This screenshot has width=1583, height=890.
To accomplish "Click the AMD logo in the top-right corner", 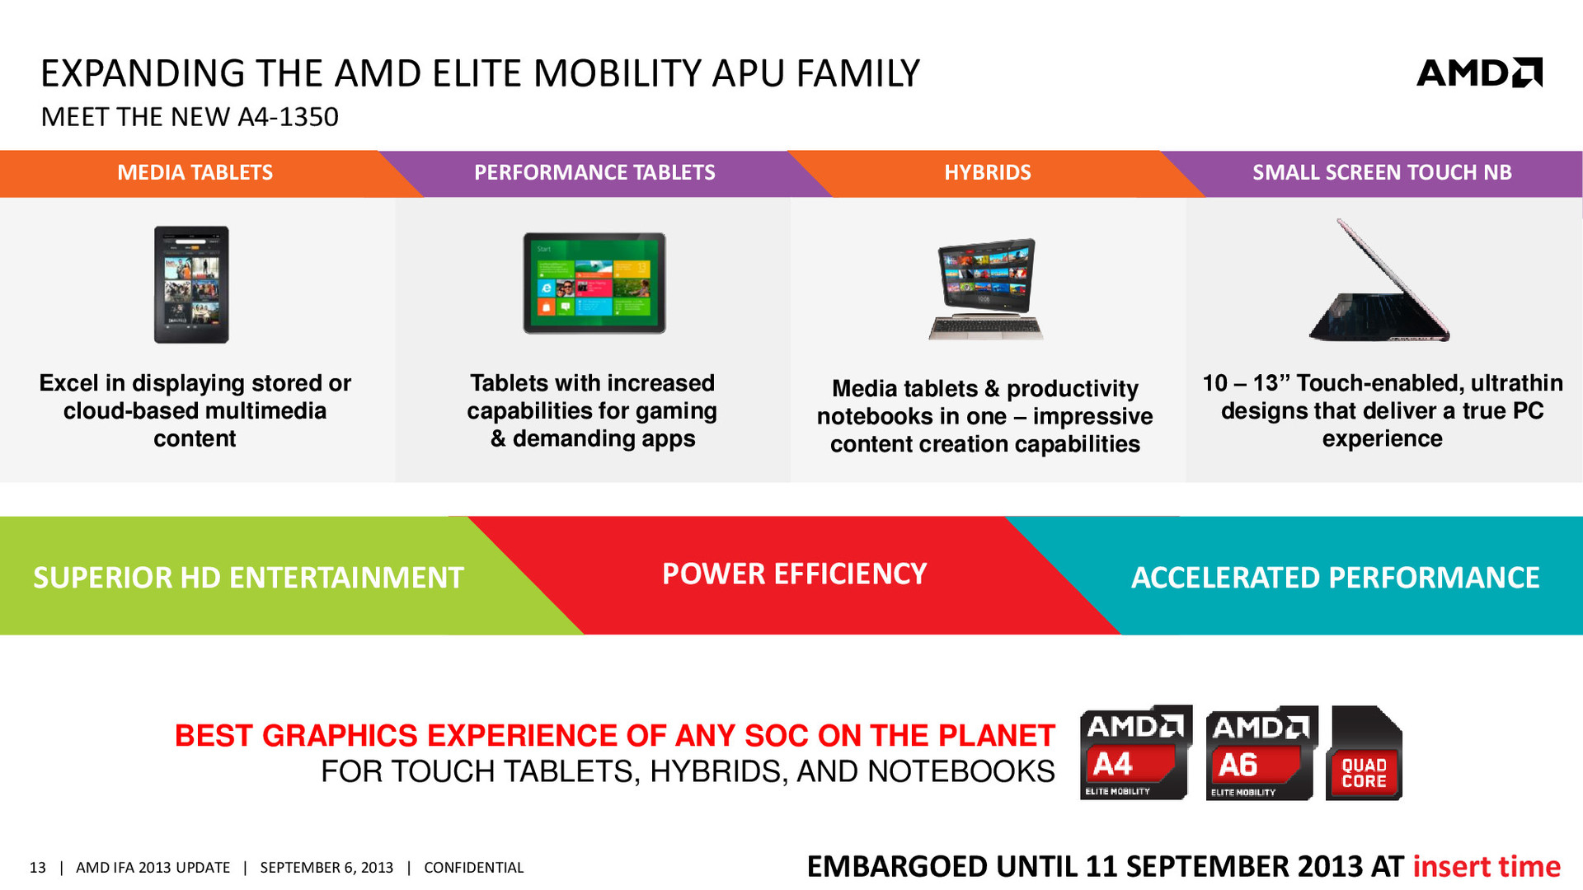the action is [x=1479, y=73].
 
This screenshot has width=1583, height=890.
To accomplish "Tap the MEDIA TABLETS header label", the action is [x=195, y=172].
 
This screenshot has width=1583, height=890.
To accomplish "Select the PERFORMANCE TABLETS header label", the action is [x=594, y=172].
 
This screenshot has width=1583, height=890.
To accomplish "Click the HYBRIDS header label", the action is [x=988, y=172].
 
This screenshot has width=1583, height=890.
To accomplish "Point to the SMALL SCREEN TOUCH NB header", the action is [x=1382, y=172].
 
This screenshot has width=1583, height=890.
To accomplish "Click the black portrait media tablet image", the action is [x=191, y=284].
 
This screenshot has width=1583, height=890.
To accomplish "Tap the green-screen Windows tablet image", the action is [x=594, y=283].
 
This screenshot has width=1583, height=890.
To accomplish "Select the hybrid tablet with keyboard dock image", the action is [x=986, y=288].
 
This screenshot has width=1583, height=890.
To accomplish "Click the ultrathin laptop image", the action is [x=1379, y=281].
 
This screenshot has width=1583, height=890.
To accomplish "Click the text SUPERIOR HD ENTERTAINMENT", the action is [x=248, y=578].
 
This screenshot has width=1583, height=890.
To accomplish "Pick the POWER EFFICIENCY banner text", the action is [x=795, y=574].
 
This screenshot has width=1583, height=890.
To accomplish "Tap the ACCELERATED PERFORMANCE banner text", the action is [x=1336, y=578].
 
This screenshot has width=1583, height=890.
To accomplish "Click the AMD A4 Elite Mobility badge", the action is [x=1136, y=752].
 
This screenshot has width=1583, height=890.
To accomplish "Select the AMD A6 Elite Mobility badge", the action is [x=1261, y=753].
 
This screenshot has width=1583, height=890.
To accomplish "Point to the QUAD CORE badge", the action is [x=1364, y=753].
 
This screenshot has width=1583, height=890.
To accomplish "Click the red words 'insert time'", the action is [x=1487, y=866].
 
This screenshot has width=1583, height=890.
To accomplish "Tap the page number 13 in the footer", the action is [x=38, y=868].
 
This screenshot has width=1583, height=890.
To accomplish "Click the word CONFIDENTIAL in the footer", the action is [x=474, y=868].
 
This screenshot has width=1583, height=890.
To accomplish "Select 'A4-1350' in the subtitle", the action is [x=288, y=117].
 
